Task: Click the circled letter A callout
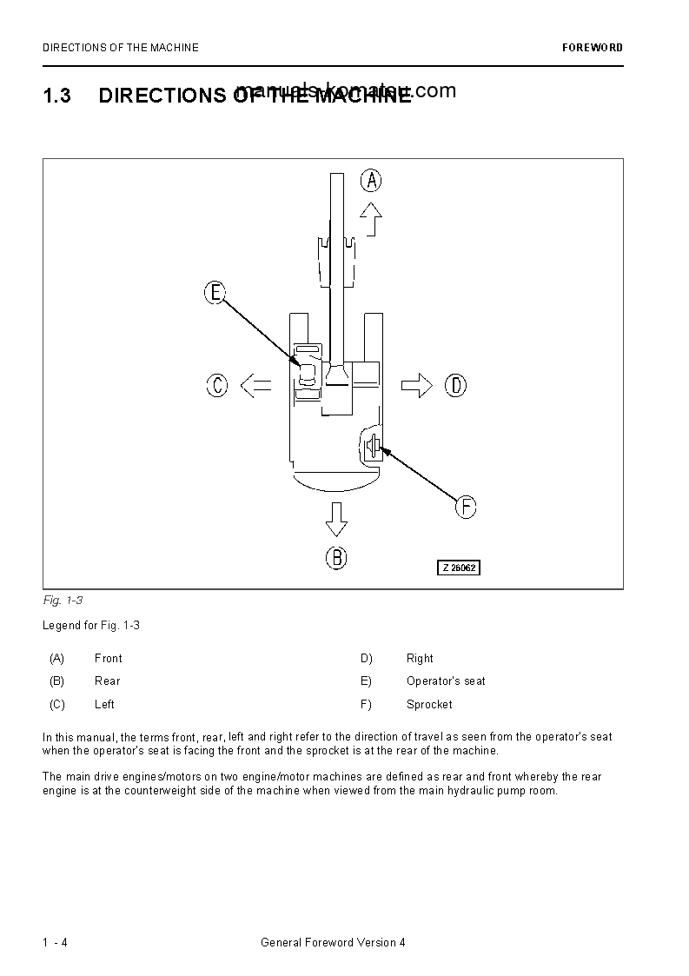point(371,181)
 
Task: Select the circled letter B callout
point(336,557)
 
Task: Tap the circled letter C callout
point(217,385)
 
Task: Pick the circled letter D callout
point(456,385)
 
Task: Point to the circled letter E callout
point(215,293)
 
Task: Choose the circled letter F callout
point(467,507)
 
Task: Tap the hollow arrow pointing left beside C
point(255,385)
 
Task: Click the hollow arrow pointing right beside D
point(417,385)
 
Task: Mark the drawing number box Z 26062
point(458,568)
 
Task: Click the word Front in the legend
point(109,659)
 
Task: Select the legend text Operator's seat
point(446,681)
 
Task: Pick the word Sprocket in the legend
point(429,705)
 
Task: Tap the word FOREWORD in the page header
point(593,48)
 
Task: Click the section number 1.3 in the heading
point(56,96)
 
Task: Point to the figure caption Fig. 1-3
point(63,601)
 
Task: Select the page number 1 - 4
point(55,943)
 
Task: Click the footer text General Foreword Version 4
point(333,943)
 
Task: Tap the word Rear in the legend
point(108,681)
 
